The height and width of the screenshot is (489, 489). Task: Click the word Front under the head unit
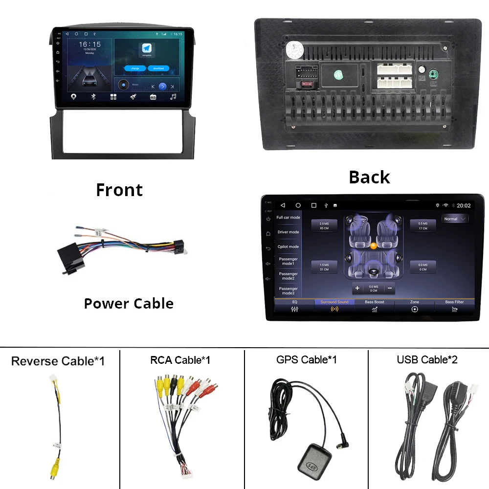(119, 190)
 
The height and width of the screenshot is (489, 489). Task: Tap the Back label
(369, 177)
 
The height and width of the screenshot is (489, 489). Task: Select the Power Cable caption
(129, 303)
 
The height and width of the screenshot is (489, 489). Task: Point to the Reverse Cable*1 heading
(58, 361)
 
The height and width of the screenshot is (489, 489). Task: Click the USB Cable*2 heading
(427, 360)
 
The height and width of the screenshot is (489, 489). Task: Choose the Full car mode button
(288, 218)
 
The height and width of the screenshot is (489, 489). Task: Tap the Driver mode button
(288, 232)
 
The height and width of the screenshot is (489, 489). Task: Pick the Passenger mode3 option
(288, 290)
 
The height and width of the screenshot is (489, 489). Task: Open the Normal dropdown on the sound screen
(454, 219)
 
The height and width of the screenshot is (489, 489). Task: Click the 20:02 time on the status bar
(464, 206)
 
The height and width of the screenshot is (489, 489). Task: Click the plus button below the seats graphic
(357, 288)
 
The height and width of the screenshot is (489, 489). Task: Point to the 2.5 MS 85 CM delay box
(324, 225)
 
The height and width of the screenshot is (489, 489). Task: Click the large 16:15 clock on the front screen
(90, 45)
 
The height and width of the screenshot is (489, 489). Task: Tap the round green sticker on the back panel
(338, 75)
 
